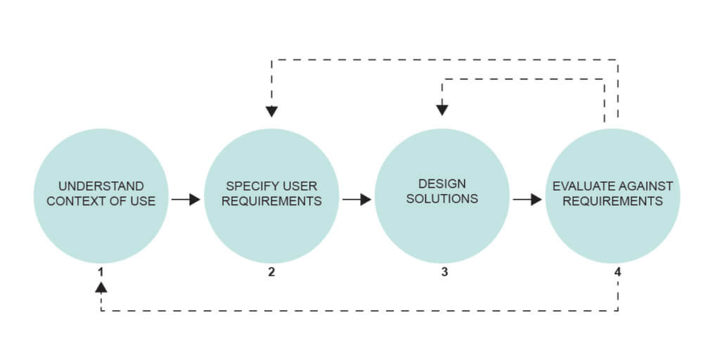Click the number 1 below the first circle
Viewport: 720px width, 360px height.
[x=101, y=272]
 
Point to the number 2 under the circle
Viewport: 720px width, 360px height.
[x=271, y=272]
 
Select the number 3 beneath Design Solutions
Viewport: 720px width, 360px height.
[x=444, y=272]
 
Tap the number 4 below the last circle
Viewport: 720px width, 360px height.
[x=617, y=272]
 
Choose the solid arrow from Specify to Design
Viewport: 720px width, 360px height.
[x=356, y=200]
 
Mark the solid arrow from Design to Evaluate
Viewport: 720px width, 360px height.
[x=527, y=200]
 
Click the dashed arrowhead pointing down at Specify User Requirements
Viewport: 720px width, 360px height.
[x=272, y=111]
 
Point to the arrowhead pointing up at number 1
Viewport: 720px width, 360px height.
[x=101, y=287]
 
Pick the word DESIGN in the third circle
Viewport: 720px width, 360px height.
[x=442, y=184]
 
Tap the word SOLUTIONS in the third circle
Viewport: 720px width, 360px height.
[x=442, y=198]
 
